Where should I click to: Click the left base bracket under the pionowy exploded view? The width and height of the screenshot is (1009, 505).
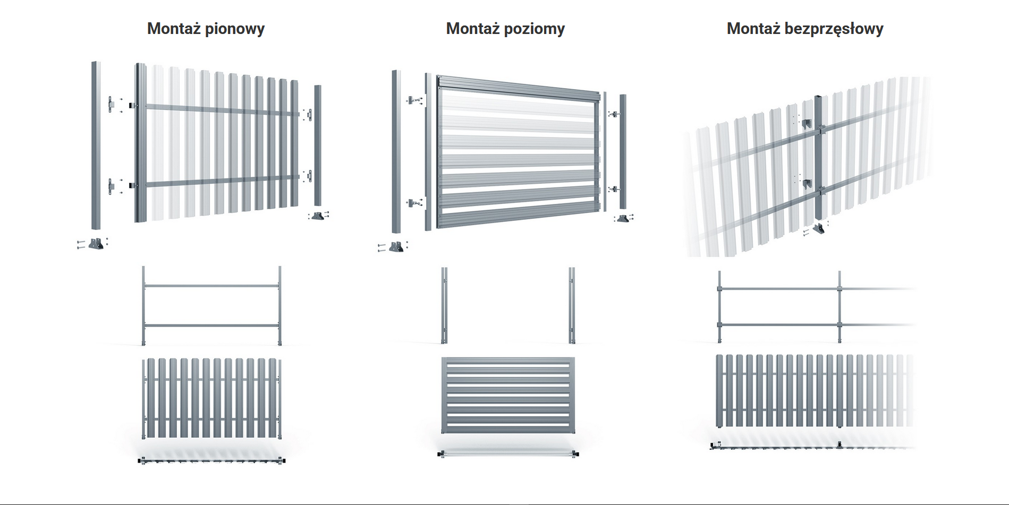click(96, 244)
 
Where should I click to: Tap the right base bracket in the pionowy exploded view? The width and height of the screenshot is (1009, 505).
click(318, 216)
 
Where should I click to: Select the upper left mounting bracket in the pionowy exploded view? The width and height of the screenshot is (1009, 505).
click(111, 104)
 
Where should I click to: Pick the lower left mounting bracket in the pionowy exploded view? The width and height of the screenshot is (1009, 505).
click(111, 186)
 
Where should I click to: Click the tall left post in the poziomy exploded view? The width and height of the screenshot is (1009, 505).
click(396, 151)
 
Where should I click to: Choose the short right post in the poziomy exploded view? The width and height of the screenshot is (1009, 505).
click(623, 151)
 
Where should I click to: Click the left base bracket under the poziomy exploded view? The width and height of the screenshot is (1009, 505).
click(396, 247)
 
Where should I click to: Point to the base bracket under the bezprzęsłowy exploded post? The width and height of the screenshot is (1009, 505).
click(819, 229)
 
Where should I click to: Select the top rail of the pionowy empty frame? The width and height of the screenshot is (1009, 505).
click(211, 286)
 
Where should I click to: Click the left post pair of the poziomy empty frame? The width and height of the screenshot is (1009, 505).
click(444, 305)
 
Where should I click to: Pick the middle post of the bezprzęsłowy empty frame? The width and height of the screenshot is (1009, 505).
click(840, 306)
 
